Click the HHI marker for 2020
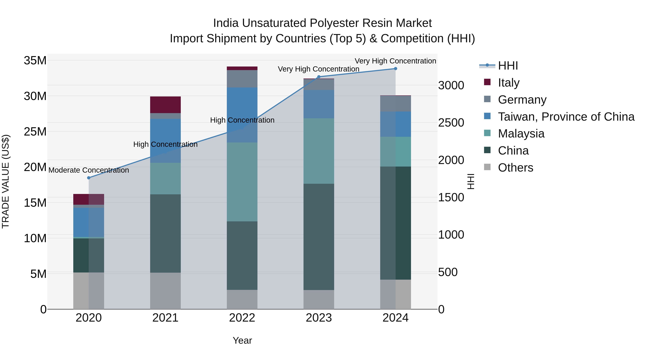coord(89,178)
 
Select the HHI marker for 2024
coord(396,69)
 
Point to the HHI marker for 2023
coord(319,77)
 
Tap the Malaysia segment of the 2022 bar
coord(242,182)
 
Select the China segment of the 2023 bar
coord(319,237)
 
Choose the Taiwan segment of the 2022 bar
coord(242,115)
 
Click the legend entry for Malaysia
coord(521,134)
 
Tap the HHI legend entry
coord(508,66)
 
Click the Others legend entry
coord(515,168)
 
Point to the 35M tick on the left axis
coord(35,61)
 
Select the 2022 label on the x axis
coord(242,318)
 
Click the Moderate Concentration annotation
coord(89,170)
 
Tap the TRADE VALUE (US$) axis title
coord(6,181)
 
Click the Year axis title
coord(242,340)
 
